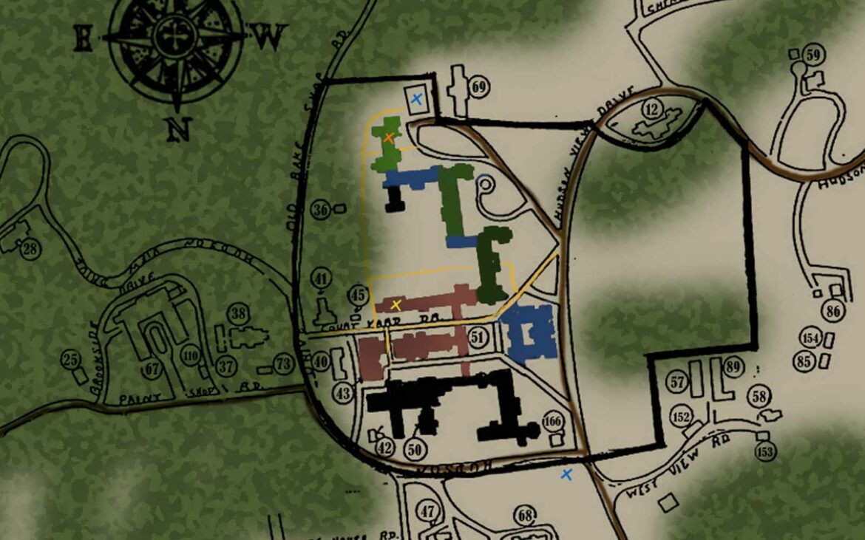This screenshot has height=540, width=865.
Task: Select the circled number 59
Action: [x=814, y=55]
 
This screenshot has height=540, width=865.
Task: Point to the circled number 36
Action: [x=320, y=210]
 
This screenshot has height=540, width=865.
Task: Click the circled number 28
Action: [x=30, y=249]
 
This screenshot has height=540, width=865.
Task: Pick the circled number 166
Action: [x=552, y=422]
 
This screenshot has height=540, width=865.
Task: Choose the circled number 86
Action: [x=834, y=312]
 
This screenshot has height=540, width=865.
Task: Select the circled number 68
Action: [x=526, y=516]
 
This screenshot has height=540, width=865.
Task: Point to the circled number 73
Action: [x=283, y=363]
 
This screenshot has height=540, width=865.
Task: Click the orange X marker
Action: [x=388, y=137]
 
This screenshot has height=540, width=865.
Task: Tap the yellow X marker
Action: [x=396, y=304]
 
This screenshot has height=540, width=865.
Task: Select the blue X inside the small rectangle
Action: [x=416, y=98]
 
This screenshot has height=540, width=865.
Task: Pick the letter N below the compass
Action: [x=177, y=130]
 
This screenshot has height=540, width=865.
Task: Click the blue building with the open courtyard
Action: [x=530, y=332]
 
